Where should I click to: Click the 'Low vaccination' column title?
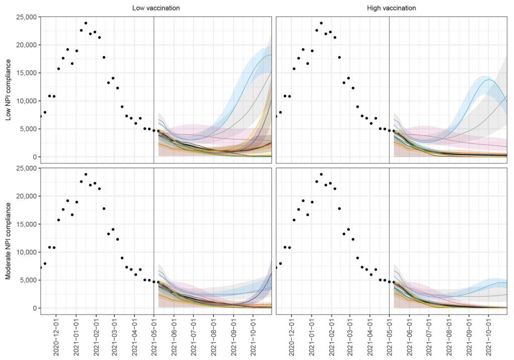tap(156, 8)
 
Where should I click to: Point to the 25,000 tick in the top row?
tap(25, 17)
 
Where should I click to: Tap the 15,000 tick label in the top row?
tap(25, 73)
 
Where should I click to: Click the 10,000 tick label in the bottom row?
tap(25, 253)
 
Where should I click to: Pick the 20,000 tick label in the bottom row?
tap(25, 196)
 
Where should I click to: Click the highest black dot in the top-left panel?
tap(86, 23)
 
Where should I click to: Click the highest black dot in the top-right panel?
tap(321, 23)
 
